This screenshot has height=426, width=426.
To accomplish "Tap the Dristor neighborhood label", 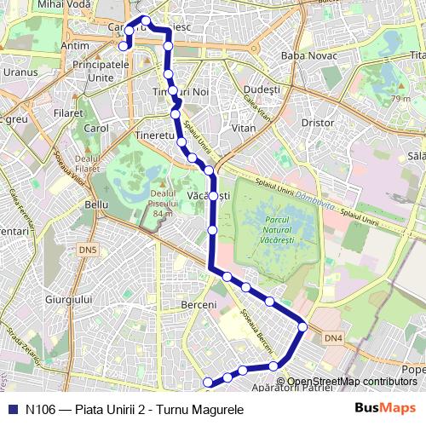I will (x=318, y=123).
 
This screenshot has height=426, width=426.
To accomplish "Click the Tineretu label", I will (x=155, y=136).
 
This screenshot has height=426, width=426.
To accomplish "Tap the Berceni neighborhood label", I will (x=199, y=304).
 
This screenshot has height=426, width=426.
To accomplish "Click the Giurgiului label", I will (x=68, y=300).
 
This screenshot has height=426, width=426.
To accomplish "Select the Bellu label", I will (x=97, y=204).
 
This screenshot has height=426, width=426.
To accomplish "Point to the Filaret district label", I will (x=68, y=112).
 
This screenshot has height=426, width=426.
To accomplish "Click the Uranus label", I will (x=20, y=72).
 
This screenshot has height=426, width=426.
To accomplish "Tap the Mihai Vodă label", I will (x=62, y=4).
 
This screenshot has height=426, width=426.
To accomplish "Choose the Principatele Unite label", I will (x=101, y=71).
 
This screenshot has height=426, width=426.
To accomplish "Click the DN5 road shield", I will (x=88, y=250).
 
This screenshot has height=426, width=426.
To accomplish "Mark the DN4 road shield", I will (x=334, y=338).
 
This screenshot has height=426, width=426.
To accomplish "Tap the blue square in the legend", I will (x=12, y=409).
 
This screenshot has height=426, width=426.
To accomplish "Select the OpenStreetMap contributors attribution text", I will (x=352, y=382).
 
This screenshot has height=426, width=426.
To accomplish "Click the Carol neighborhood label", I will (x=95, y=129).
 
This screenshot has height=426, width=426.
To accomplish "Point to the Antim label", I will (x=76, y=45).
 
